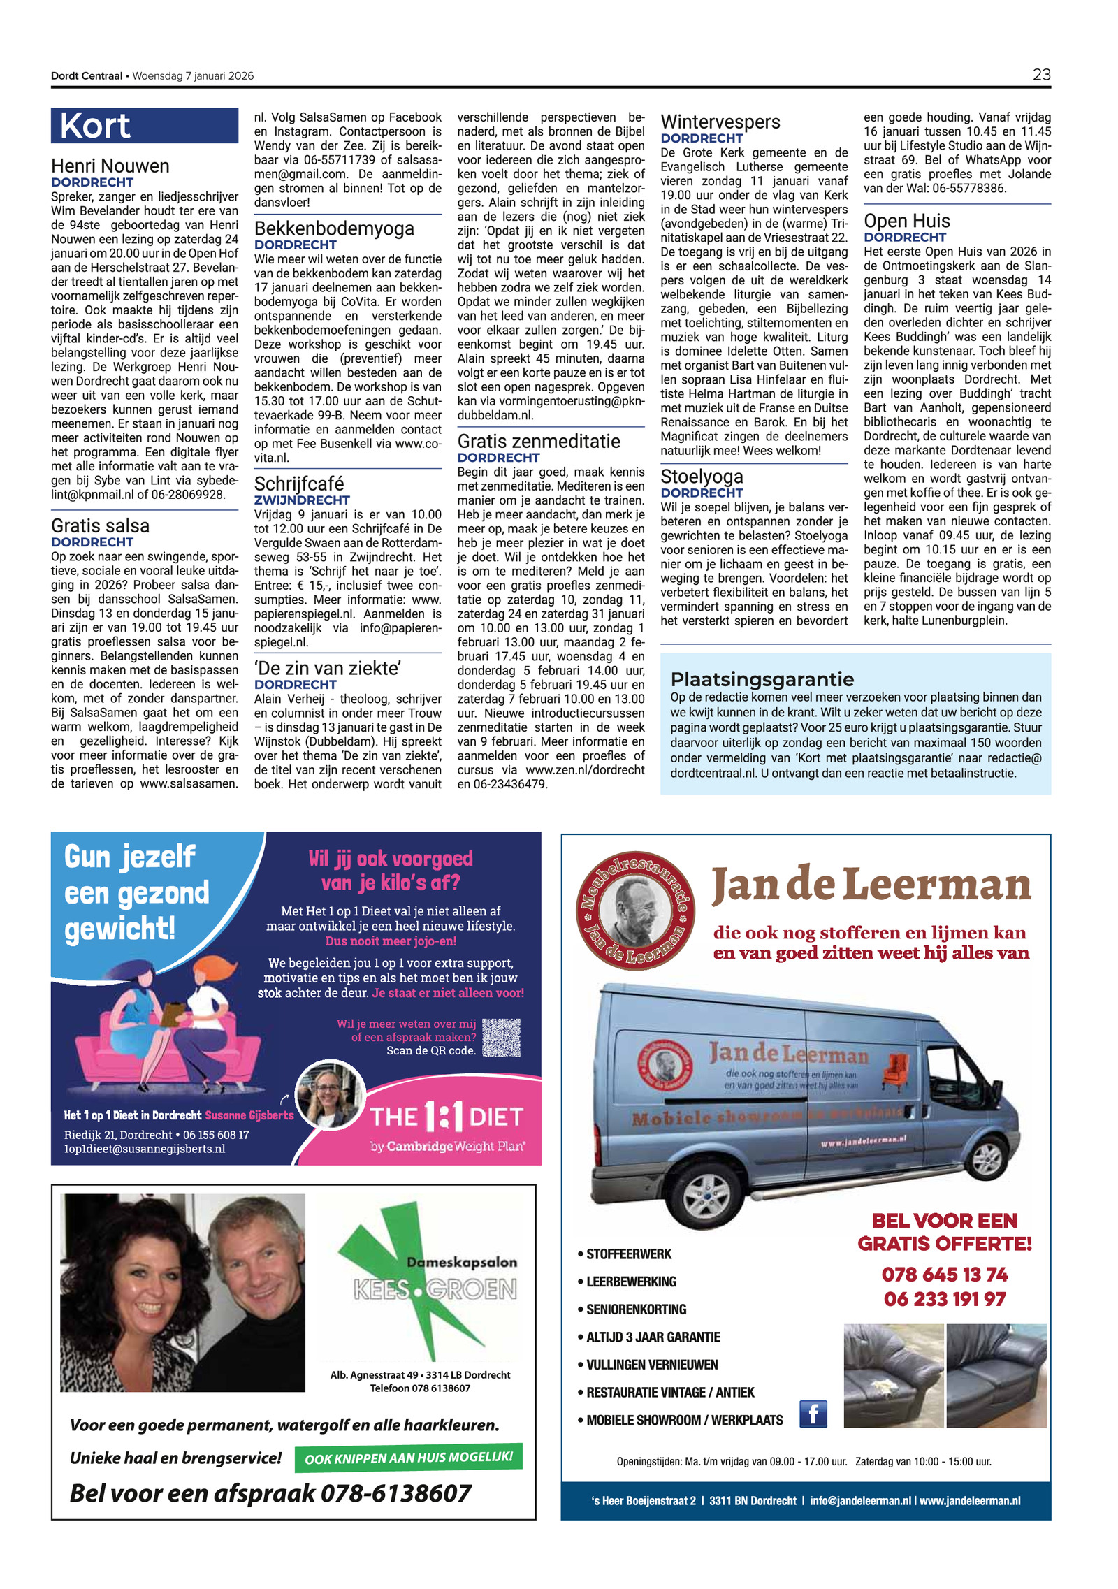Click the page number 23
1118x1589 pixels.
pyautogui.click(x=1040, y=74)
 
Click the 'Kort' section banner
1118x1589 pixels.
pyautogui.click(x=96, y=126)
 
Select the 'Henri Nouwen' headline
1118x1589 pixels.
pyautogui.click(x=110, y=166)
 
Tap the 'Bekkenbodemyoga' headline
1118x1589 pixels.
pyautogui.click(x=334, y=228)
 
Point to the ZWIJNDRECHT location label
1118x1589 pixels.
pyautogui.click(x=302, y=500)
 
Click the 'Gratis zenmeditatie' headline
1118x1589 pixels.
pyautogui.click(x=539, y=442)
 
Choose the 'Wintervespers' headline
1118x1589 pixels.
pyautogui.click(x=720, y=122)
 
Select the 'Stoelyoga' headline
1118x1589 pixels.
pyautogui.click(x=702, y=477)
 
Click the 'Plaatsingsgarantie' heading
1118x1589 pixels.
pyautogui.click(x=762, y=679)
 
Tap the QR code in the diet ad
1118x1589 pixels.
pyautogui.click(x=501, y=1038)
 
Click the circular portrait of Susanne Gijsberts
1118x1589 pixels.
pyautogui.click(x=330, y=1095)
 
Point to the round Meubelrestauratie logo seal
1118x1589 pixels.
pyautogui.click(x=635, y=910)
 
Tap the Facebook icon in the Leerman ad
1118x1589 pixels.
pyautogui.click(x=813, y=1414)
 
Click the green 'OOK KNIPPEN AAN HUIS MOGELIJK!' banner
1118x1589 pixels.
pyautogui.click(x=409, y=1458)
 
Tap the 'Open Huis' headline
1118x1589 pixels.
pyautogui.click(x=906, y=221)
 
